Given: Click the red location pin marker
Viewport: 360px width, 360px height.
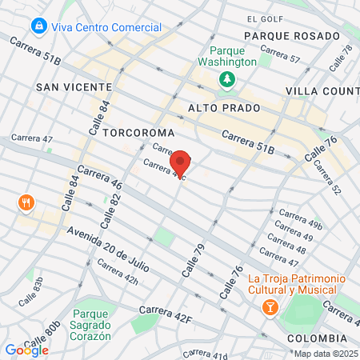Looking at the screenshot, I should (182, 162).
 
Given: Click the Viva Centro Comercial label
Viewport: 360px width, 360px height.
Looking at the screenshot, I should (106, 27).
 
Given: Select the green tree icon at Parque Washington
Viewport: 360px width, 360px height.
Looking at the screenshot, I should (227, 78).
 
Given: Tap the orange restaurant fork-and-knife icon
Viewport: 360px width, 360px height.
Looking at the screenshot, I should (26, 202).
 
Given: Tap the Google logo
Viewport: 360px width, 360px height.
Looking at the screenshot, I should (26, 350).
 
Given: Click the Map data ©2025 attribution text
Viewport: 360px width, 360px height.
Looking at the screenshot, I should (325, 353).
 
